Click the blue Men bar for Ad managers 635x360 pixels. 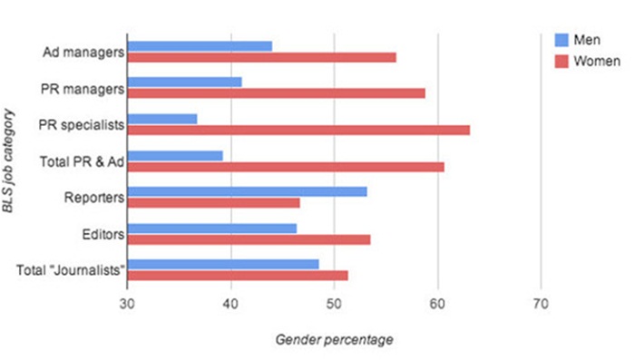(x=200, y=46)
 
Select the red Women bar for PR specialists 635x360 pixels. (x=298, y=130)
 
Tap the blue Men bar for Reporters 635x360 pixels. (x=248, y=191)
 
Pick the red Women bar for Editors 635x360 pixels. (x=249, y=239)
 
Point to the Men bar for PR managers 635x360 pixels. (x=185, y=83)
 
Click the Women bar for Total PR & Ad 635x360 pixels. (x=286, y=167)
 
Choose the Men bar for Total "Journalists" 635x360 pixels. (x=223, y=265)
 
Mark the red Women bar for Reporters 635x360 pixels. (x=214, y=203)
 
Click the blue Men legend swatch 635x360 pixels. (x=562, y=40)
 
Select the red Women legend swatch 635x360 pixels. (x=562, y=61)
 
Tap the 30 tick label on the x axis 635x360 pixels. (x=127, y=304)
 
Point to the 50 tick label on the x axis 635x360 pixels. (x=334, y=304)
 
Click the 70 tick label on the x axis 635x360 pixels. (x=541, y=304)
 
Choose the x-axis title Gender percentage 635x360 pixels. (x=334, y=339)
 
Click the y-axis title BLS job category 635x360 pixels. (x=8, y=161)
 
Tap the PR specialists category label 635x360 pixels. (x=82, y=125)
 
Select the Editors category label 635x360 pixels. (x=103, y=235)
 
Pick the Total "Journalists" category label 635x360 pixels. (x=71, y=270)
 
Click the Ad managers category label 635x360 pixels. (x=83, y=53)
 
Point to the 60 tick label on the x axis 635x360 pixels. (x=437, y=304)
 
